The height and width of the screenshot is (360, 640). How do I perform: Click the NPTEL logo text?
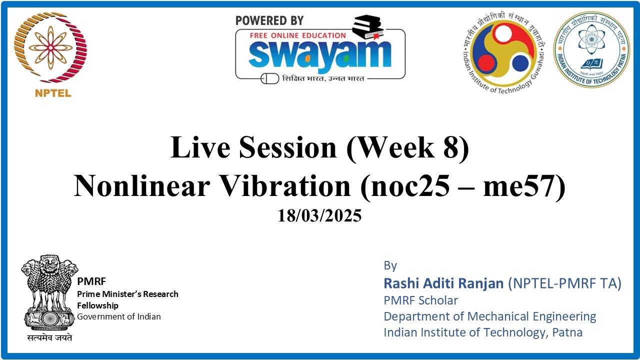tap(53, 93)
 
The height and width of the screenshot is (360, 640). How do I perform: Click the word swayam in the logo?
tap(320, 54)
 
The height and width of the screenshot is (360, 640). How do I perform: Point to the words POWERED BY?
tap(269, 20)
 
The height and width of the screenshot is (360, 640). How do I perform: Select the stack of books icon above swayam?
tap(367, 27)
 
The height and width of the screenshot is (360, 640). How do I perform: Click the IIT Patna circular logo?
tap(591, 49)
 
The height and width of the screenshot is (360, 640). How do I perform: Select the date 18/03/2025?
tap(319, 216)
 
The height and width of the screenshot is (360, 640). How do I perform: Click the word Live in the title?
tap(200, 148)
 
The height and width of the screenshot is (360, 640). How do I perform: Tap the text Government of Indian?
tap(119, 316)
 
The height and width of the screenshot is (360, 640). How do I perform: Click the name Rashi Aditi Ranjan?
tap(443, 283)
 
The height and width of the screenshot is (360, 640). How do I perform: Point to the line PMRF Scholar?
tap(420, 300)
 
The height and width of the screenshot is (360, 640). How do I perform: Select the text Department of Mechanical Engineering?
tap(489, 316)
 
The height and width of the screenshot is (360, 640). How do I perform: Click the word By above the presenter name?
tap(390, 265)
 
